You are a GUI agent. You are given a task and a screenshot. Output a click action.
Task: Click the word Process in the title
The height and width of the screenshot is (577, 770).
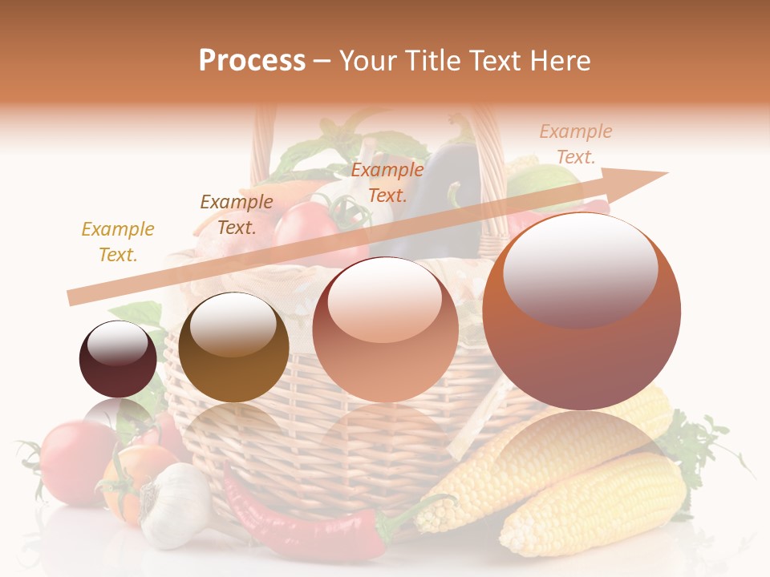[x=252, y=61]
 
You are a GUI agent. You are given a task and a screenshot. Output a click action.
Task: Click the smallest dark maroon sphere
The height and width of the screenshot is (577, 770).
[x=118, y=359]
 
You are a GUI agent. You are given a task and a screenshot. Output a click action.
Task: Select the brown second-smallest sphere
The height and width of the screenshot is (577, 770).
[x=233, y=348]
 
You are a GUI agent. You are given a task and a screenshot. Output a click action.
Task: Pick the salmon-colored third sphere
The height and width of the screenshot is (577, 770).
[x=385, y=329]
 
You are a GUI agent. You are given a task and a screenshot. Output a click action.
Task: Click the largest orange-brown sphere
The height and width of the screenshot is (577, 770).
[x=582, y=312]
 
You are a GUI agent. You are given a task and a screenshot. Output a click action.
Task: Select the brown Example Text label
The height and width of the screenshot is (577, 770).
[x=237, y=214]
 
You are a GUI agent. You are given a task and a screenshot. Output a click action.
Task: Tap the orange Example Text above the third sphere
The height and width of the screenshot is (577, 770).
[x=387, y=182]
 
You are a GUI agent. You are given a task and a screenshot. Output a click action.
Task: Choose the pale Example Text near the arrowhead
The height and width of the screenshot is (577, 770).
[x=576, y=143]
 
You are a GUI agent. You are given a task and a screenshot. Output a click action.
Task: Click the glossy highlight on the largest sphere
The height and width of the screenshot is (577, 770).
[x=580, y=268]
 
